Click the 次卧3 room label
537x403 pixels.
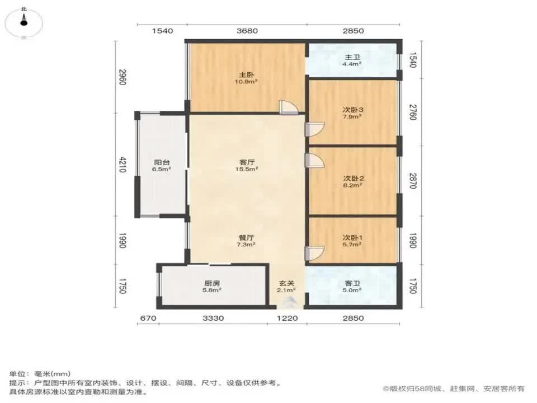[x=353, y=110]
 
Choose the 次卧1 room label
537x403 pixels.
[x=352, y=237]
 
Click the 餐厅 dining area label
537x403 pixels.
[x=246, y=237]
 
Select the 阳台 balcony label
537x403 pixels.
[x=162, y=162]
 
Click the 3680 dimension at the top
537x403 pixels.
[x=247, y=31]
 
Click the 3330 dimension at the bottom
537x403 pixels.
[x=213, y=318]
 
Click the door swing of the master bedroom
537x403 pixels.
[x=289, y=107]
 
